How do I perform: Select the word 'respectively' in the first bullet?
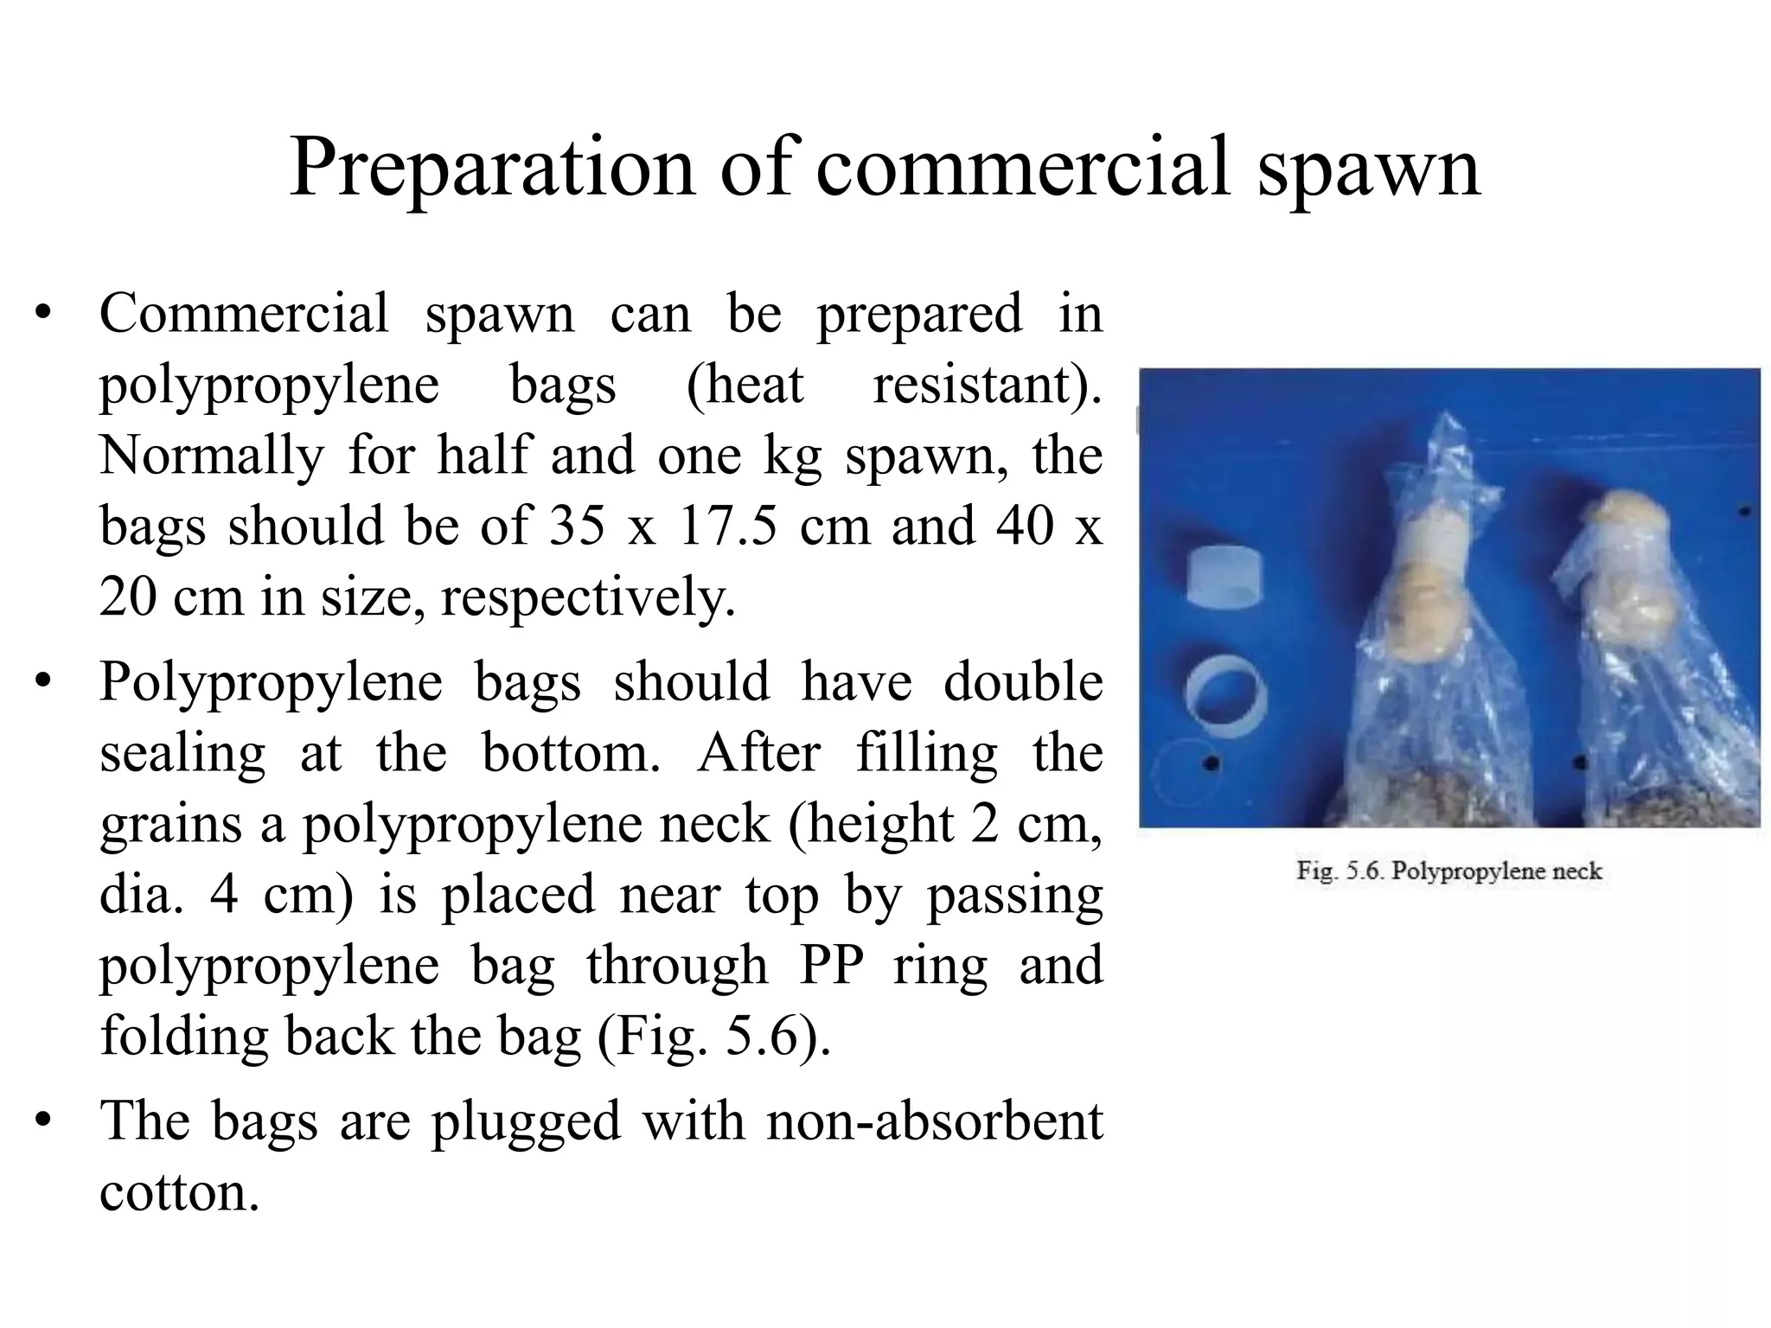pyautogui.click(x=587, y=597)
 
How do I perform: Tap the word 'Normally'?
pyautogui.click(x=212, y=456)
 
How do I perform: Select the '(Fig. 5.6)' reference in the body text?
pyautogui.click(x=714, y=1036)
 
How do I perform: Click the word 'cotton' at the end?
pyautogui.click(x=178, y=1193)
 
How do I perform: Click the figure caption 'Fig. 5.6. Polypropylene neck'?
pyautogui.click(x=1449, y=871)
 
